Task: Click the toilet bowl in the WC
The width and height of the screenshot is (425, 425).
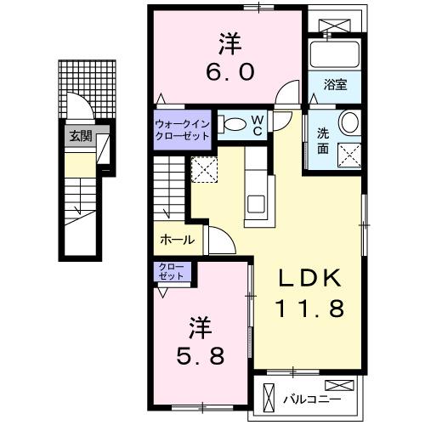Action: tap(231, 124)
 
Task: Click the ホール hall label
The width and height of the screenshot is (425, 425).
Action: tap(177, 241)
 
